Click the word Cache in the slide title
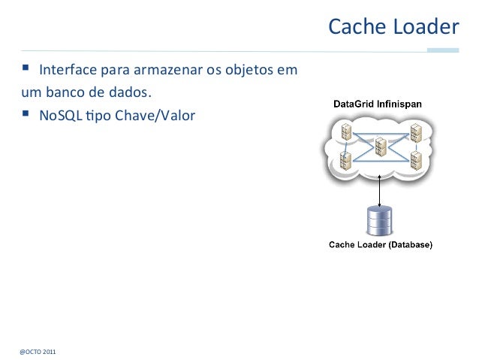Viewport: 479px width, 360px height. click(x=355, y=28)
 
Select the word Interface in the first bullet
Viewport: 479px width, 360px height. click(x=65, y=72)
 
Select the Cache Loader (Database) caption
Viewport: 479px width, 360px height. click(x=381, y=244)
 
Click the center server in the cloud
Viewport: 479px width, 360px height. click(x=381, y=147)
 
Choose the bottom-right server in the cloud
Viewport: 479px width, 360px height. click(x=415, y=160)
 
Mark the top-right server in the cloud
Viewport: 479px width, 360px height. click(x=415, y=133)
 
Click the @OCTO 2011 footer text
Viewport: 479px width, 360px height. click(x=37, y=351)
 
